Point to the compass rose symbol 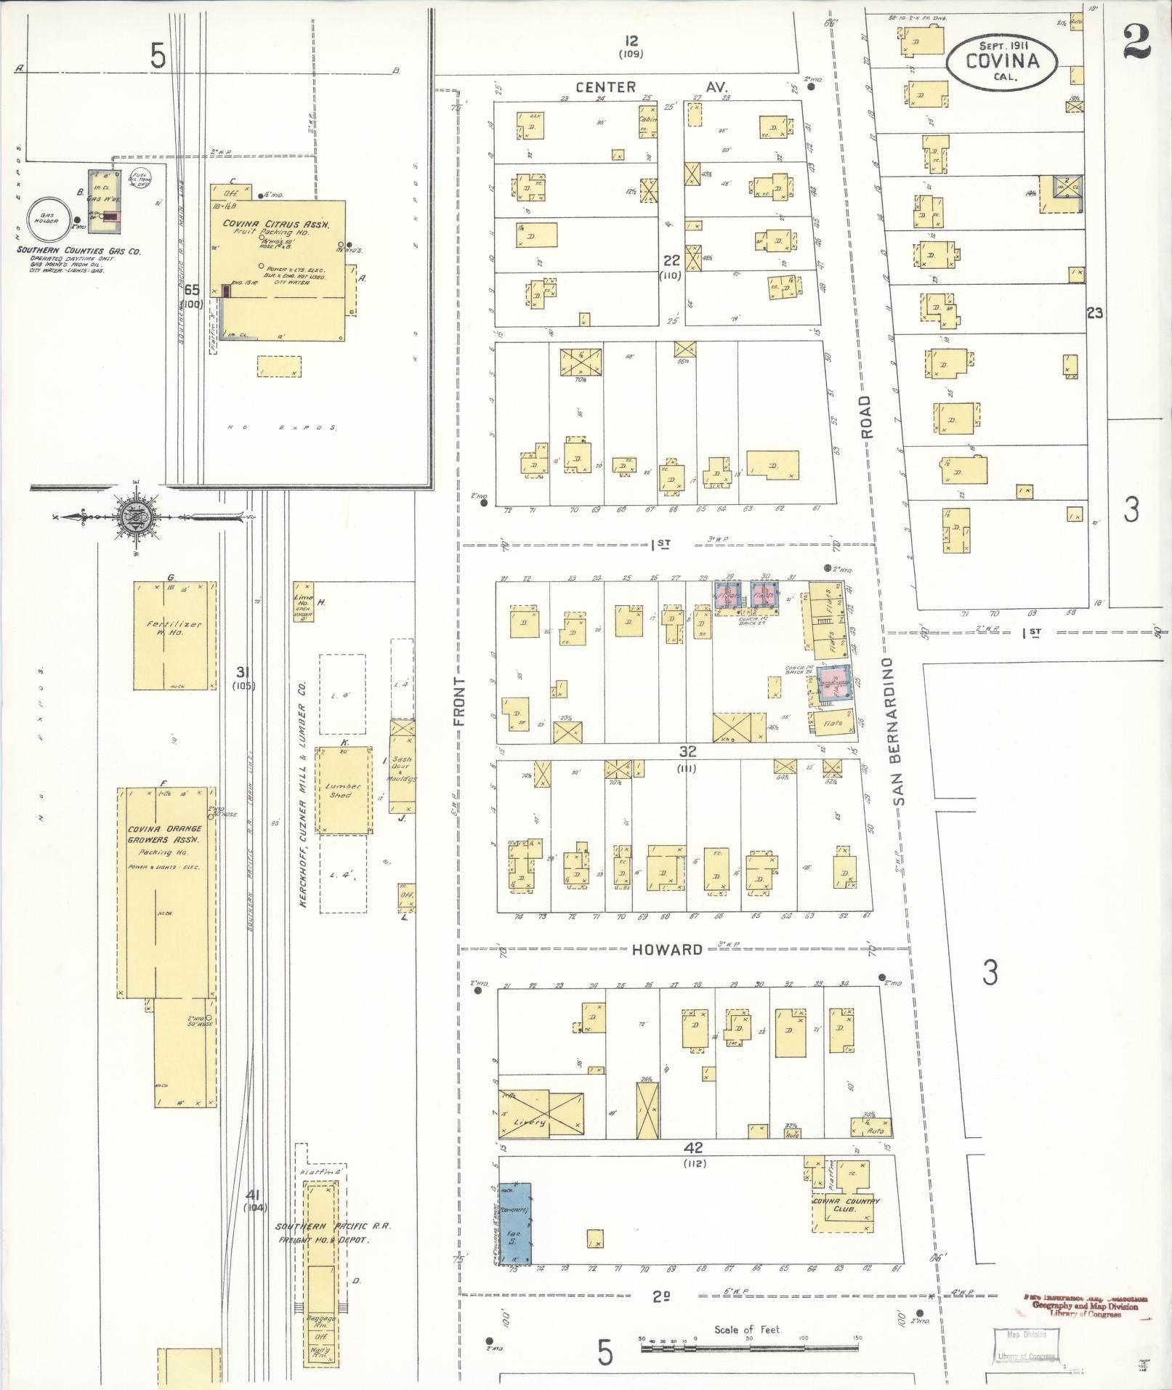(137, 517)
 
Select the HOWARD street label (667, 949)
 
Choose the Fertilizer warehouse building (174, 635)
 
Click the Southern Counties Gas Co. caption (80, 251)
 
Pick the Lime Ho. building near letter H (303, 601)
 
